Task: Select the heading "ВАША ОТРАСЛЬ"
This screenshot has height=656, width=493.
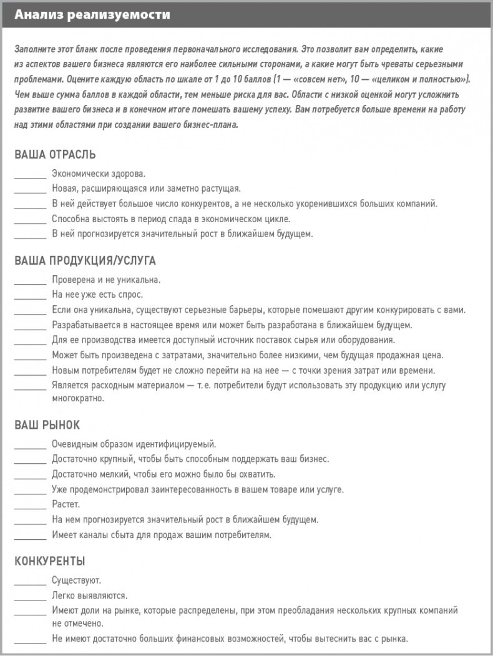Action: [55, 154]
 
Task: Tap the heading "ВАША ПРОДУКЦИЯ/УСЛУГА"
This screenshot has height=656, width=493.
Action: [85, 260]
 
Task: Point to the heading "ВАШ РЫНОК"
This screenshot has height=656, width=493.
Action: [47, 425]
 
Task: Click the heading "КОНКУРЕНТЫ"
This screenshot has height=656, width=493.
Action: [49, 561]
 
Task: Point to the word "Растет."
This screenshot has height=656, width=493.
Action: [66, 504]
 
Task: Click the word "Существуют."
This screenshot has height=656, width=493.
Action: [76, 580]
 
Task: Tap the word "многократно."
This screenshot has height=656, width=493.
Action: [78, 398]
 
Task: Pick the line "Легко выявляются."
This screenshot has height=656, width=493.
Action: [90, 595]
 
